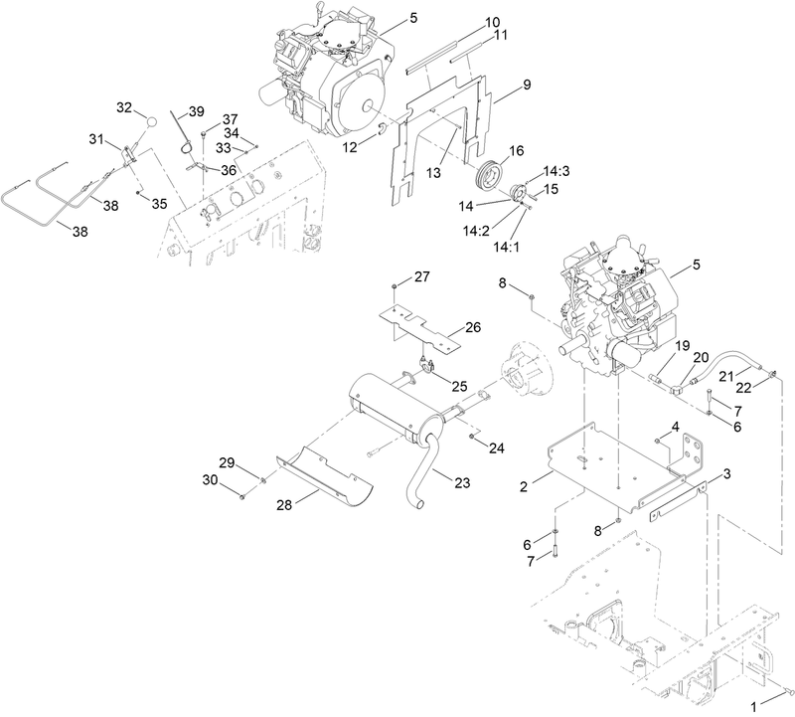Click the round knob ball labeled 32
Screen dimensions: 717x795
(x=152, y=120)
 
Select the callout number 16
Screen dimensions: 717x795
(x=516, y=150)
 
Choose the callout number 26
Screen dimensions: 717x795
(x=472, y=326)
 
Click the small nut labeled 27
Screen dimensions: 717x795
(x=396, y=287)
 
